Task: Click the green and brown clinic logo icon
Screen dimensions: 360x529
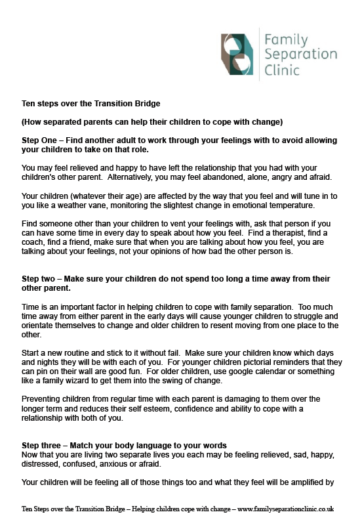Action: click(x=238, y=53)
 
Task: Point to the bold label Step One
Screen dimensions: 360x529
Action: click(x=41, y=140)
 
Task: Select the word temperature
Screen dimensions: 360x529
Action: click(x=275, y=204)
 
